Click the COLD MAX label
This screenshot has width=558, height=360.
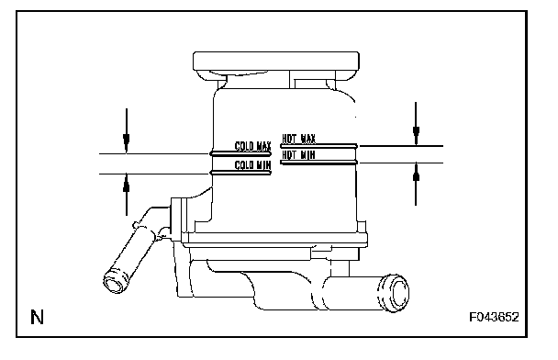click(x=252, y=146)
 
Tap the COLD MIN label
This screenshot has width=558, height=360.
click(x=252, y=165)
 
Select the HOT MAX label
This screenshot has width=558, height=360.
click(x=298, y=138)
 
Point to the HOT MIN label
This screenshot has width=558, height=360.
click(x=298, y=154)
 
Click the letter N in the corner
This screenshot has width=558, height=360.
click(x=37, y=317)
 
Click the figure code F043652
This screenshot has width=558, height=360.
click(x=494, y=317)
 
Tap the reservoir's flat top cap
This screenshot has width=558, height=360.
click(x=276, y=62)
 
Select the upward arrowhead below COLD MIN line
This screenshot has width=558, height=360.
click(x=127, y=184)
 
